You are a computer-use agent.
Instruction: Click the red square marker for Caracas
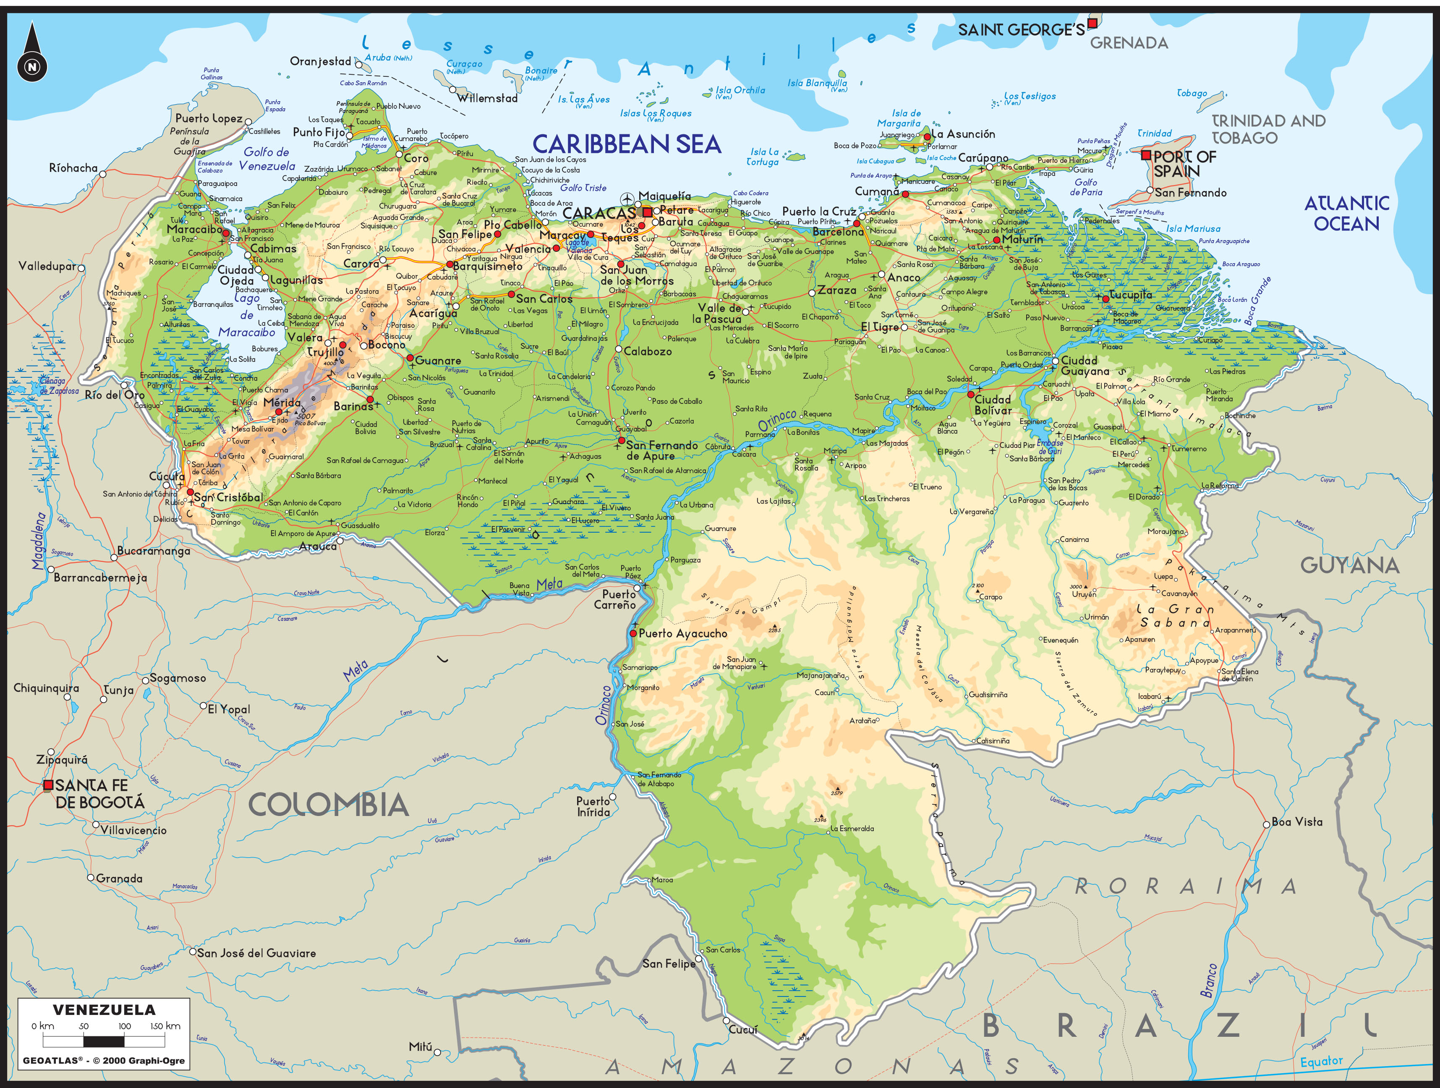click(647, 212)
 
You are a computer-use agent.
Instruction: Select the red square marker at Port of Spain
click(1146, 155)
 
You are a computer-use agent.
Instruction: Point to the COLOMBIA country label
click(329, 806)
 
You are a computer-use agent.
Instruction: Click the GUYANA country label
click(1349, 565)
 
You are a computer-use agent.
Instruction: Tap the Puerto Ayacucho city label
click(682, 633)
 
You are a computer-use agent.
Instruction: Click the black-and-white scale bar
click(104, 1041)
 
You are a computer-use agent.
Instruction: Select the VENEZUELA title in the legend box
click(104, 1010)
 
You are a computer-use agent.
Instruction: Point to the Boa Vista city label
click(1297, 822)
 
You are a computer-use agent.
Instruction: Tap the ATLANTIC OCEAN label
click(1346, 214)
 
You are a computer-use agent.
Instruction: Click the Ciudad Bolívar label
click(993, 405)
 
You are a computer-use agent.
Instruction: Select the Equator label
click(1321, 1062)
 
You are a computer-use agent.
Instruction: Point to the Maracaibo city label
click(194, 229)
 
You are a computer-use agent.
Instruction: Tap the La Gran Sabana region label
click(1176, 616)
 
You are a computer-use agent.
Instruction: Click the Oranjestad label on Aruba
click(320, 61)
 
